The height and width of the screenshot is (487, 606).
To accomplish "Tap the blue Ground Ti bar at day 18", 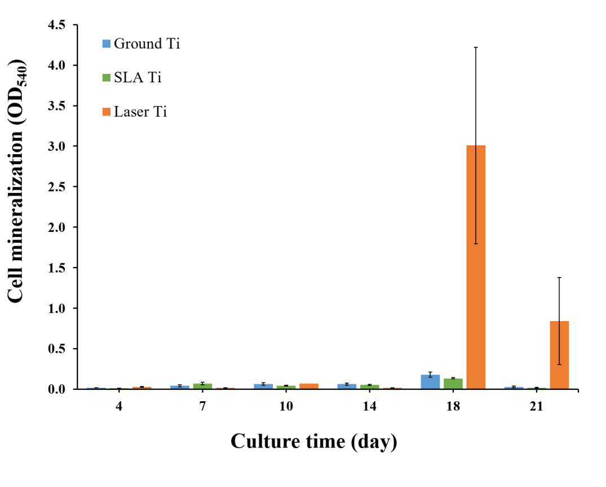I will (430, 381).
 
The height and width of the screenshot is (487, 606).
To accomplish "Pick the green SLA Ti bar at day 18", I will (453, 383).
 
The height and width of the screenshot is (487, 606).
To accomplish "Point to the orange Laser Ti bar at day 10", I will (309, 386).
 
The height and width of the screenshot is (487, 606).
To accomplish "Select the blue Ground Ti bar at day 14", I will (347, 386).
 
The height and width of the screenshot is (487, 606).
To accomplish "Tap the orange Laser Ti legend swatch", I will (107, 112).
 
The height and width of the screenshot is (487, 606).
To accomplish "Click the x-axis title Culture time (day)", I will (313, 441).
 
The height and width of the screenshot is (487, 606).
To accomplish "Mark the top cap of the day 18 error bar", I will (476, 47).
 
